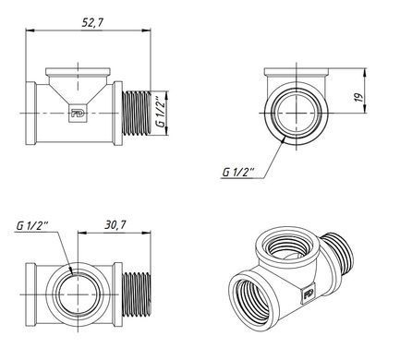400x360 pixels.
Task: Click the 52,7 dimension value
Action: coord(92,23)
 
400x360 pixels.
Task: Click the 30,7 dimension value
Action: coord(115,225)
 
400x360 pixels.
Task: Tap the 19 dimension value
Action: coord(359,97)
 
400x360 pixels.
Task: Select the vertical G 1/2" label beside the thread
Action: coord(160,112)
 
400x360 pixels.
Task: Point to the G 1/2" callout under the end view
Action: coord(238,172)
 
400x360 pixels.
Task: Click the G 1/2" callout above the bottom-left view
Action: coord(31,226)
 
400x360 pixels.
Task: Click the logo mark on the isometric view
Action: coord(309,294)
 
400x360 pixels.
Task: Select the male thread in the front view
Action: coord(137,114)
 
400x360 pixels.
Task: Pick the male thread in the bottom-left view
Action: coord(137,294)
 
